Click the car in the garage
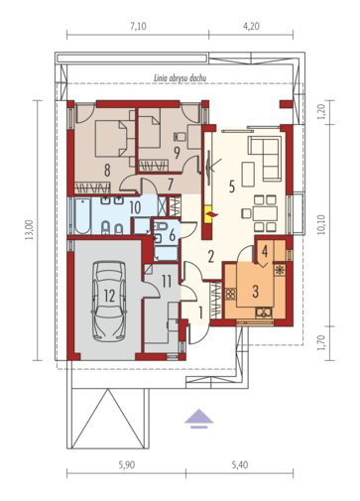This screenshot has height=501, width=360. (x=109, y=301)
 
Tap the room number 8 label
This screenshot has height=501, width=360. (x=107, y=171)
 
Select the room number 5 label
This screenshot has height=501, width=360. (x=232, y=187)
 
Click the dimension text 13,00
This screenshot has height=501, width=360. (x=30, y=229)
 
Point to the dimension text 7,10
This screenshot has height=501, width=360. (x=138, y=26)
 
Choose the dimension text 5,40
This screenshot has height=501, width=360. (x=240, y=465)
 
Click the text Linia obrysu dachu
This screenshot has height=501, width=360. (x=180, y=78)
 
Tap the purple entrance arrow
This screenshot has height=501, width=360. (x=198, y=419)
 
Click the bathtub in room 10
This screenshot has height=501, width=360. (x=82, y=216)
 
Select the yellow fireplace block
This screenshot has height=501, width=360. (x=209, y=215)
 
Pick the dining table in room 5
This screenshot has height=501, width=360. (x=265, y=213)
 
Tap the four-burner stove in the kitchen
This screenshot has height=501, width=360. (x=231, y=294)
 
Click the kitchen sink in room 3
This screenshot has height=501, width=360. (x=264, y=313)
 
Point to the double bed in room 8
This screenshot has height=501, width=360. (x=110, y=139)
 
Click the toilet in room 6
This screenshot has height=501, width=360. (x=162, y=226)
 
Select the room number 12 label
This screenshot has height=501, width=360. (x=109, y=296)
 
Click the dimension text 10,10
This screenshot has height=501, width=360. (x=321, y=225)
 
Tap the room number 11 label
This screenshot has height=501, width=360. (x=167, y=281)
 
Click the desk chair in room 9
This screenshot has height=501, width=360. (x=179, y=136)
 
